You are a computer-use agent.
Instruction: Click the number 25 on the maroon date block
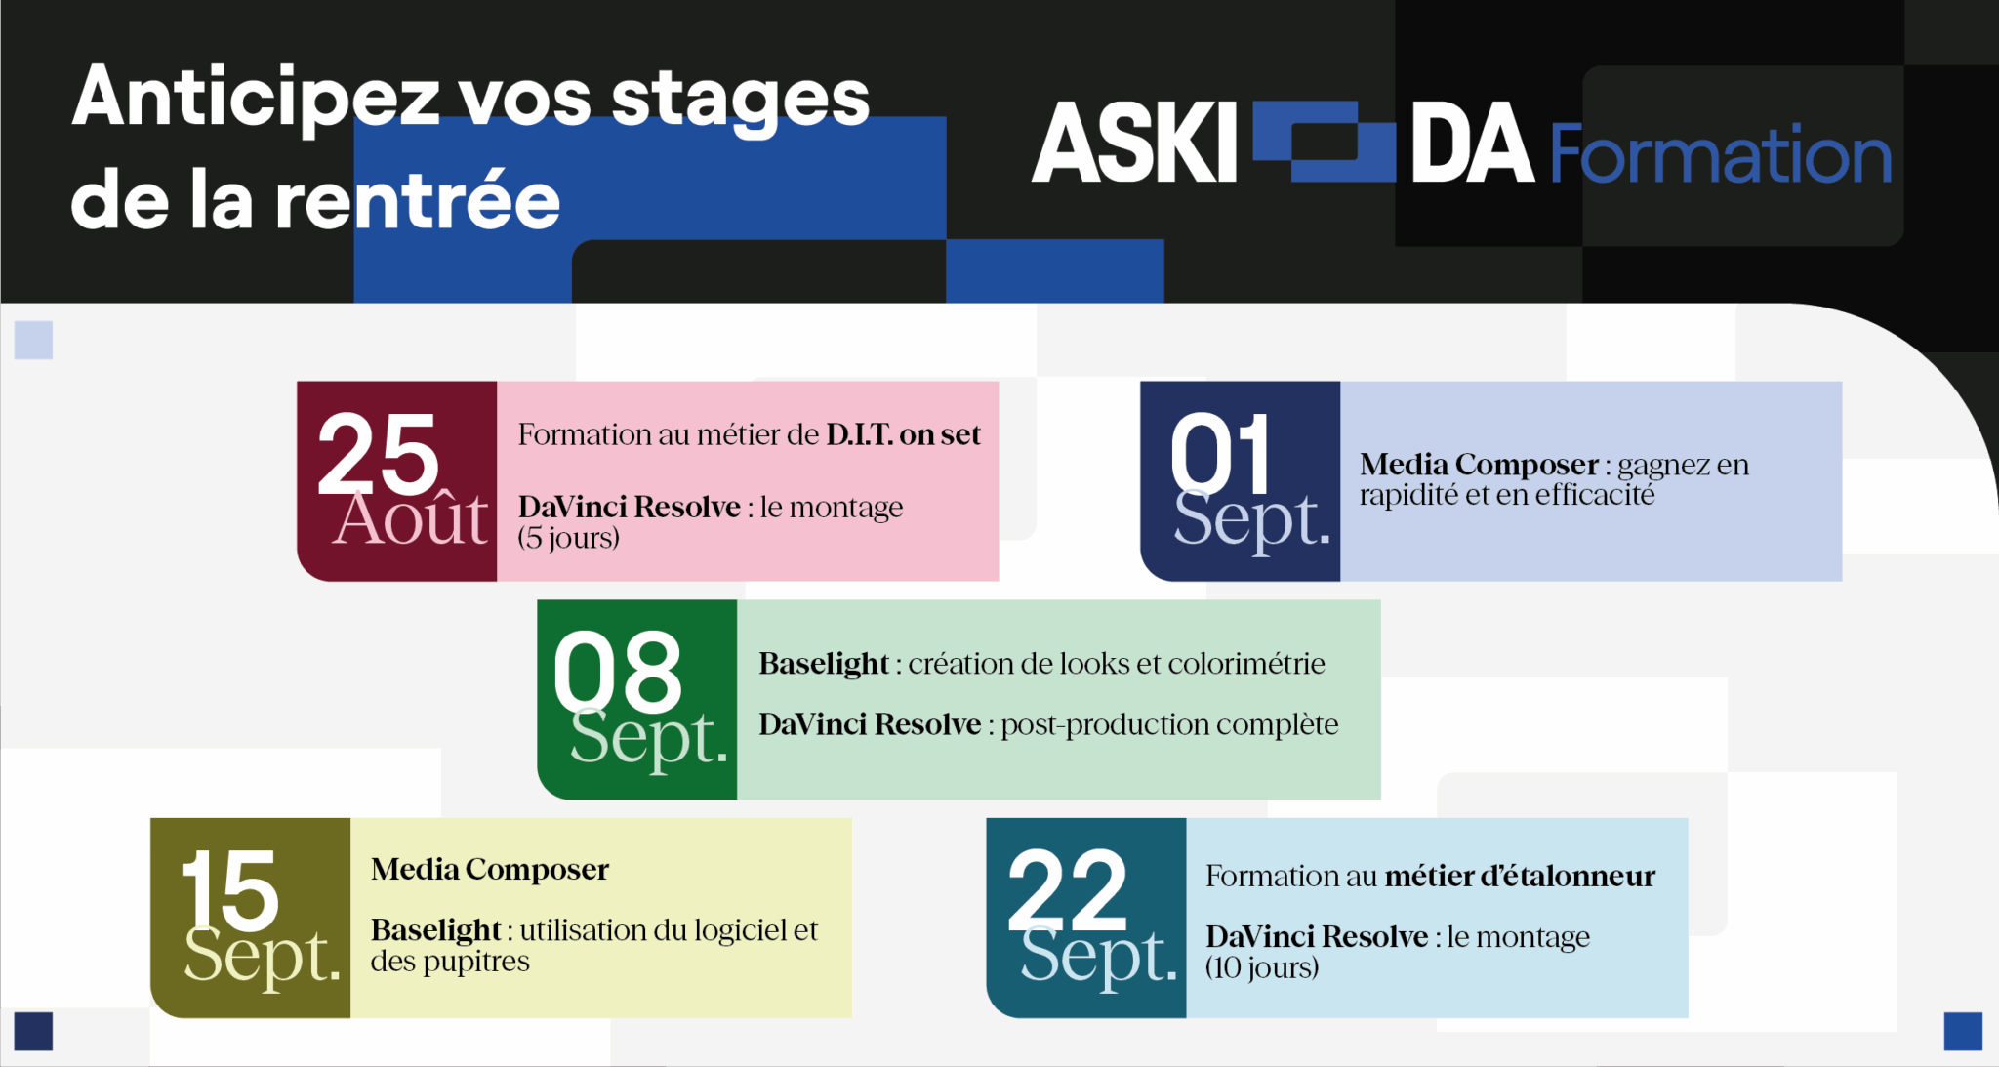379,454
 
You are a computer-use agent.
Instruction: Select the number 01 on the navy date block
1221,454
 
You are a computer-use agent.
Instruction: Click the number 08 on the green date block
617,672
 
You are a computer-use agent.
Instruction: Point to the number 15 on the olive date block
229,890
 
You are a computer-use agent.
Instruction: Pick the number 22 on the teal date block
1067,890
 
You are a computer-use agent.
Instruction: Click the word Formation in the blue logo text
1721,154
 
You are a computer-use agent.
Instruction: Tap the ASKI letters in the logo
1135,144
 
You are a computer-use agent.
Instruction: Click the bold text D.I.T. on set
903,434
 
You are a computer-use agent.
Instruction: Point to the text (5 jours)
568,538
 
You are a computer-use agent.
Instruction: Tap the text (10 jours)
1261,967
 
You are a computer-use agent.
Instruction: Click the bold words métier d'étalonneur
1520,876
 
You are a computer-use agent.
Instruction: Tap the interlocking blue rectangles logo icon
1324,142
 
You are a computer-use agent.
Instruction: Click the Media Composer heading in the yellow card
490,869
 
